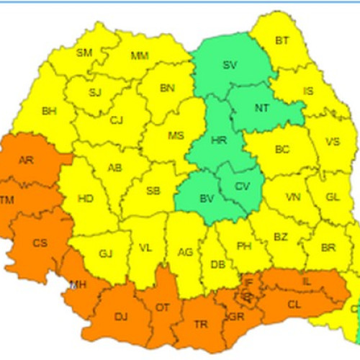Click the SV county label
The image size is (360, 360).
tap(230, 65)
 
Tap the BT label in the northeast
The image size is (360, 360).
tap(282, 40)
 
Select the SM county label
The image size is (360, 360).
tap(84, 52)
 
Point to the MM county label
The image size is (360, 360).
tap(140, 55)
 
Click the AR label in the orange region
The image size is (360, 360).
tap(25, 160)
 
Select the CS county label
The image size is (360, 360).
tap(40, 243)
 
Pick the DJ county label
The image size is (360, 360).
tap(120, 315)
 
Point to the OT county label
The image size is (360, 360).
tap(163, 307)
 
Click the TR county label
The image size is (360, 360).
tap(201, 324)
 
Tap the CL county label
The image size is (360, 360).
tap(294, 305)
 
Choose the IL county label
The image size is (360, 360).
tap(307, 282)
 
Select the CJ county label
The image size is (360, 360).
tap(117, 120)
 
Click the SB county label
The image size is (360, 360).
tap(153, 191)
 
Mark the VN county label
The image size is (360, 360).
tap(293, 197)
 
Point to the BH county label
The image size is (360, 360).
tap(49, 111)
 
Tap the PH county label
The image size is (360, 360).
tap(244, 246)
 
